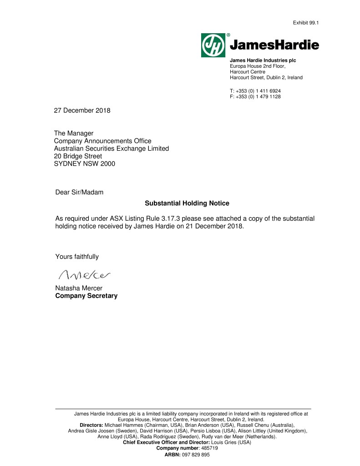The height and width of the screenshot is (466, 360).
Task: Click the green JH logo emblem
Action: click(x=213, y=45)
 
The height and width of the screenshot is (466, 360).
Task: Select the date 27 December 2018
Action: click(x=82, y=111)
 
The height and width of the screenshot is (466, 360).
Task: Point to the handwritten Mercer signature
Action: click(x=85, y=274)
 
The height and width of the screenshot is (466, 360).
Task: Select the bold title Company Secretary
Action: click(x=86, y=296)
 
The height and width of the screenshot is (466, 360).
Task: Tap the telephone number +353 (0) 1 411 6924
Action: click(x=258, y=91)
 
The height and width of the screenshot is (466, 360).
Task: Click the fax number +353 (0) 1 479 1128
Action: click(x=258, y=96)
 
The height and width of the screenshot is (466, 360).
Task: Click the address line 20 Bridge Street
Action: click(x=78, y=156)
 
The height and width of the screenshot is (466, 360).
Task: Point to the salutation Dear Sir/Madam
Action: click(x=79, y=192)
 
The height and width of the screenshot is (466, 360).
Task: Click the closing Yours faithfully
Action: click(x=77, y=257)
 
